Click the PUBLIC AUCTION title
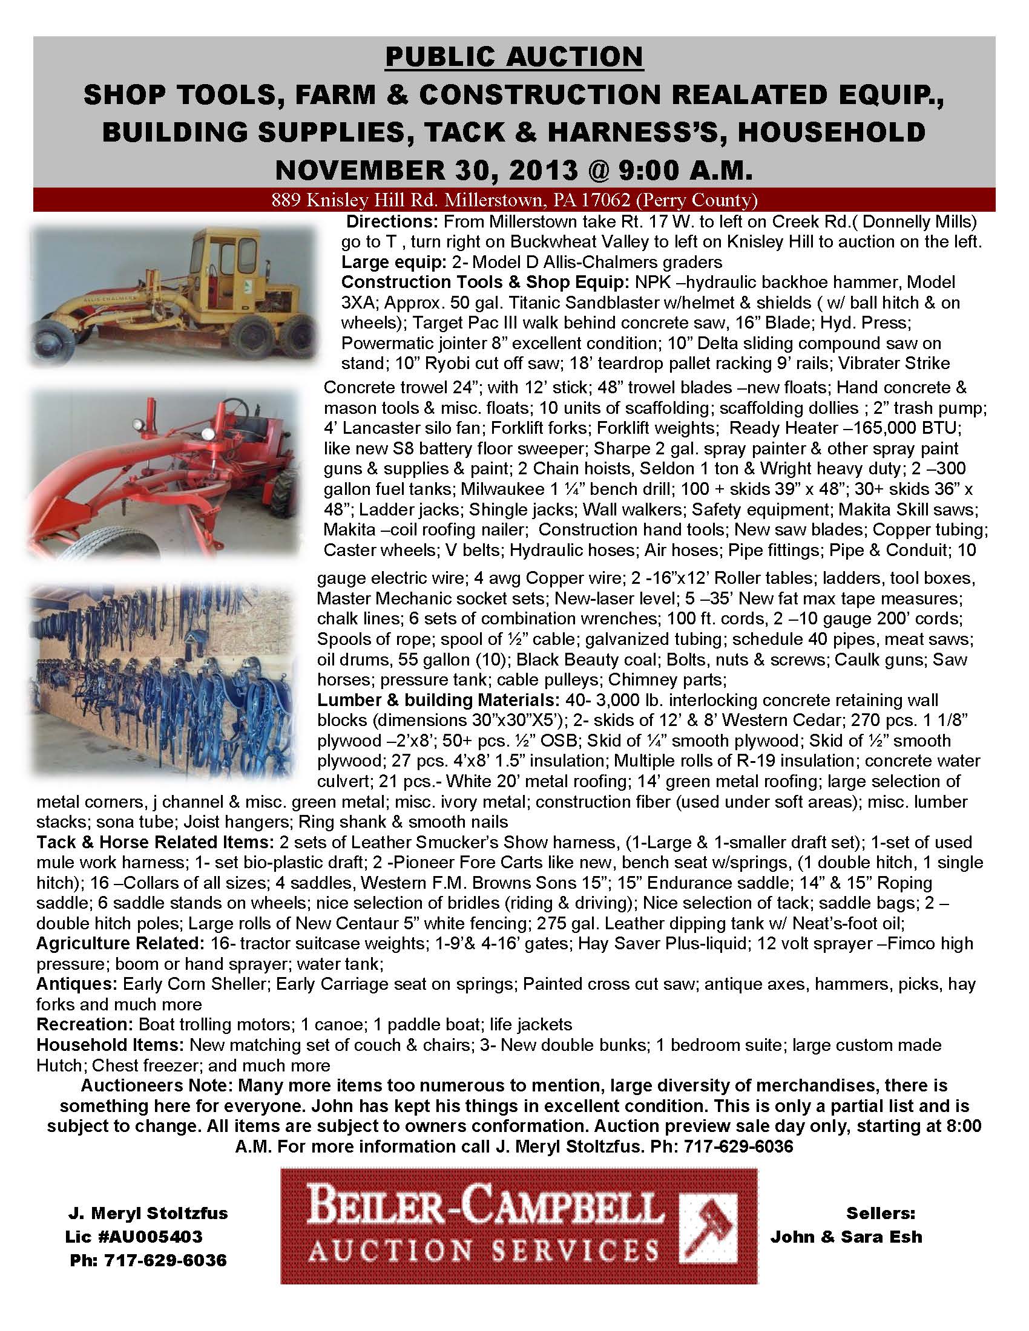tap(514, 57)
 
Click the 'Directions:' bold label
tap(389, 221)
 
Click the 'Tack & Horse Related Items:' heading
tap(155, 842)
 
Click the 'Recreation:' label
tap(85, 1024)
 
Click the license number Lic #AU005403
tap(134, 1236)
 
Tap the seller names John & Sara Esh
tap(846, 1236)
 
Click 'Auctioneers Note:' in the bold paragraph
tap(157, 1085)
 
